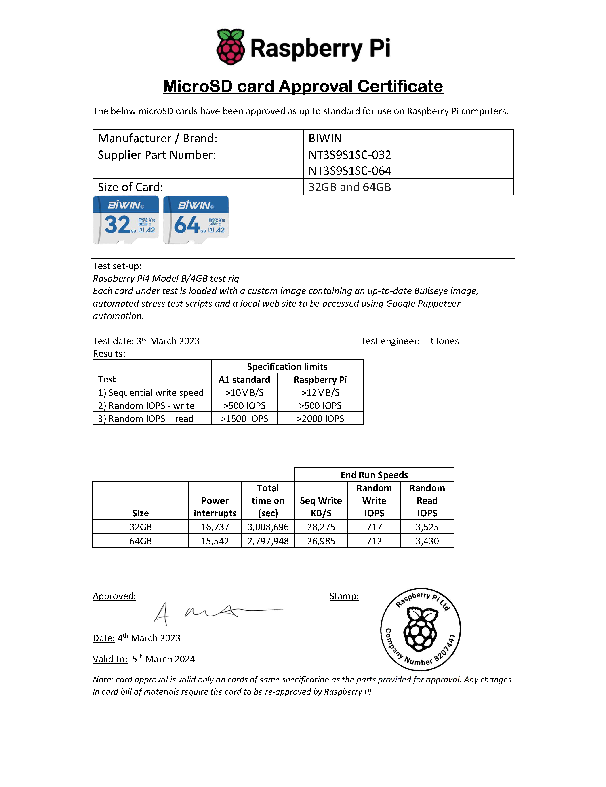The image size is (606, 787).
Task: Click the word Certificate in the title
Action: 400,87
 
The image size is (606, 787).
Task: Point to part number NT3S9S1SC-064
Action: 349,171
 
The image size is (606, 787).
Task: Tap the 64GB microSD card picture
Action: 196,220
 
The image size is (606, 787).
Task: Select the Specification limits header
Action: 287,367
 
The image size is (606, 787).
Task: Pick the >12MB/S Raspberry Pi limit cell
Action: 320,393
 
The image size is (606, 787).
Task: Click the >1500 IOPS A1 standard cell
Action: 244,419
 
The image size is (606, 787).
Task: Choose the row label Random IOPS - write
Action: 146,406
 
